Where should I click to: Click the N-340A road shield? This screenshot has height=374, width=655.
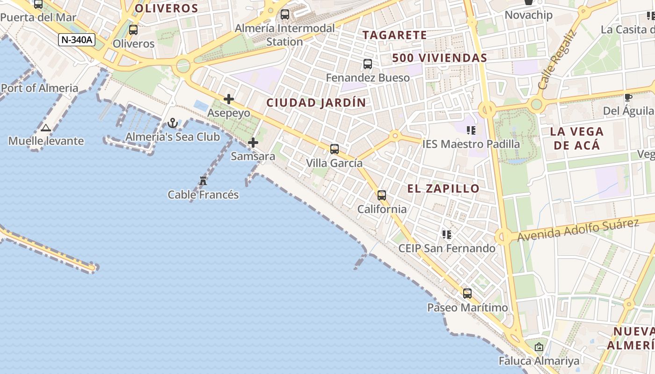tap(77, 40)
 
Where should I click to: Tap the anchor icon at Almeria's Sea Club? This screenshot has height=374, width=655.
tap(173, 123)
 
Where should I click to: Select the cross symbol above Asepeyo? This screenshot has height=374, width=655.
tap(229, 99)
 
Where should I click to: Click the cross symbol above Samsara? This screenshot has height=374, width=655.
tap(253, 143)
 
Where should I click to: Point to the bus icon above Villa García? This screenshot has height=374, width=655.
tap(334, 149)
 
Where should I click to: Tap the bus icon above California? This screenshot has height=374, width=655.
tap(382, 195)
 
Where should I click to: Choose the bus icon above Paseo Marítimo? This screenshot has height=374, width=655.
tap(467, 294)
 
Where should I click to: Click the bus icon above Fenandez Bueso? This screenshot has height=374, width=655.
tap(368, 64)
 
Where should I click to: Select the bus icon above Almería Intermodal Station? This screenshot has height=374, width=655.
tap(285, 14)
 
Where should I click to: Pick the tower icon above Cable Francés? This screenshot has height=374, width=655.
tap(203, 181)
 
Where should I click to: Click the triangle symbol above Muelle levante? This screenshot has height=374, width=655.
tap(46, 128)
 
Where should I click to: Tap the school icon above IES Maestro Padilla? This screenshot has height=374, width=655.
tap(471, 130)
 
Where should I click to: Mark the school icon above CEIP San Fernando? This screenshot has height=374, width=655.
tap(447, 235)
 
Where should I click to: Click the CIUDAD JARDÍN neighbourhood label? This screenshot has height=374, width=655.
tap(316, 103)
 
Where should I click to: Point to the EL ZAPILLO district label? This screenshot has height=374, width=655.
tap(443, 188)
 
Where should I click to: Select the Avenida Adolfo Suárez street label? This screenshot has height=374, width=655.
tap(578, 230)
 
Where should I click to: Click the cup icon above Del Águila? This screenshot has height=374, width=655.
tap(628, 97)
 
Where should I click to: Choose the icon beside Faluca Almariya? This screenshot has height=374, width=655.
tap(539, 347)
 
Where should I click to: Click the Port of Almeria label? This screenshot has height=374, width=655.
tap(40, 88)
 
